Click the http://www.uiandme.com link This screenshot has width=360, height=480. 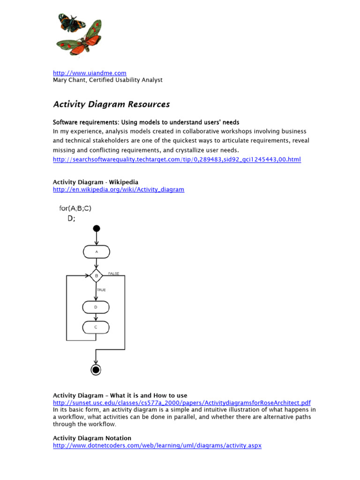tap(90, 73)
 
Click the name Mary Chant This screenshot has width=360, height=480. tap(69, 80)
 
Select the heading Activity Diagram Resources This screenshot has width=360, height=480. tap(111, 104)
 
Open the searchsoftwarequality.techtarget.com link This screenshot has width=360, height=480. tap(177, 159)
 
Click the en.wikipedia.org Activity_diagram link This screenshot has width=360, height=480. tap(118, 189)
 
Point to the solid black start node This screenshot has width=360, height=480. tap(97, 228)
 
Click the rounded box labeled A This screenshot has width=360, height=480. tap(97, 252)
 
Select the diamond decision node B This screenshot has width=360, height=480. tap(97, 276)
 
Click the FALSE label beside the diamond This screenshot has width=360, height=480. tap(114, 273)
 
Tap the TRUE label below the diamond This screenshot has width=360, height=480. tap(101, 290)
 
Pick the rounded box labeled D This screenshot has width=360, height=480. tap(96, 307)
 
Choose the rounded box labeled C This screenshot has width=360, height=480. tap(96, 327)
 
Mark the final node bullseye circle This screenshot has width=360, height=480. tap(96, 370)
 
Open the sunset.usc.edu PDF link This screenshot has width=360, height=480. tap(181, 403)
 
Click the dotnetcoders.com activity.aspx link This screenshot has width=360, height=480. tap(157, 445)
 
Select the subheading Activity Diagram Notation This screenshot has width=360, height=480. tap(92, 438)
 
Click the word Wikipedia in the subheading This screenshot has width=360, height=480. tap(124, 182)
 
